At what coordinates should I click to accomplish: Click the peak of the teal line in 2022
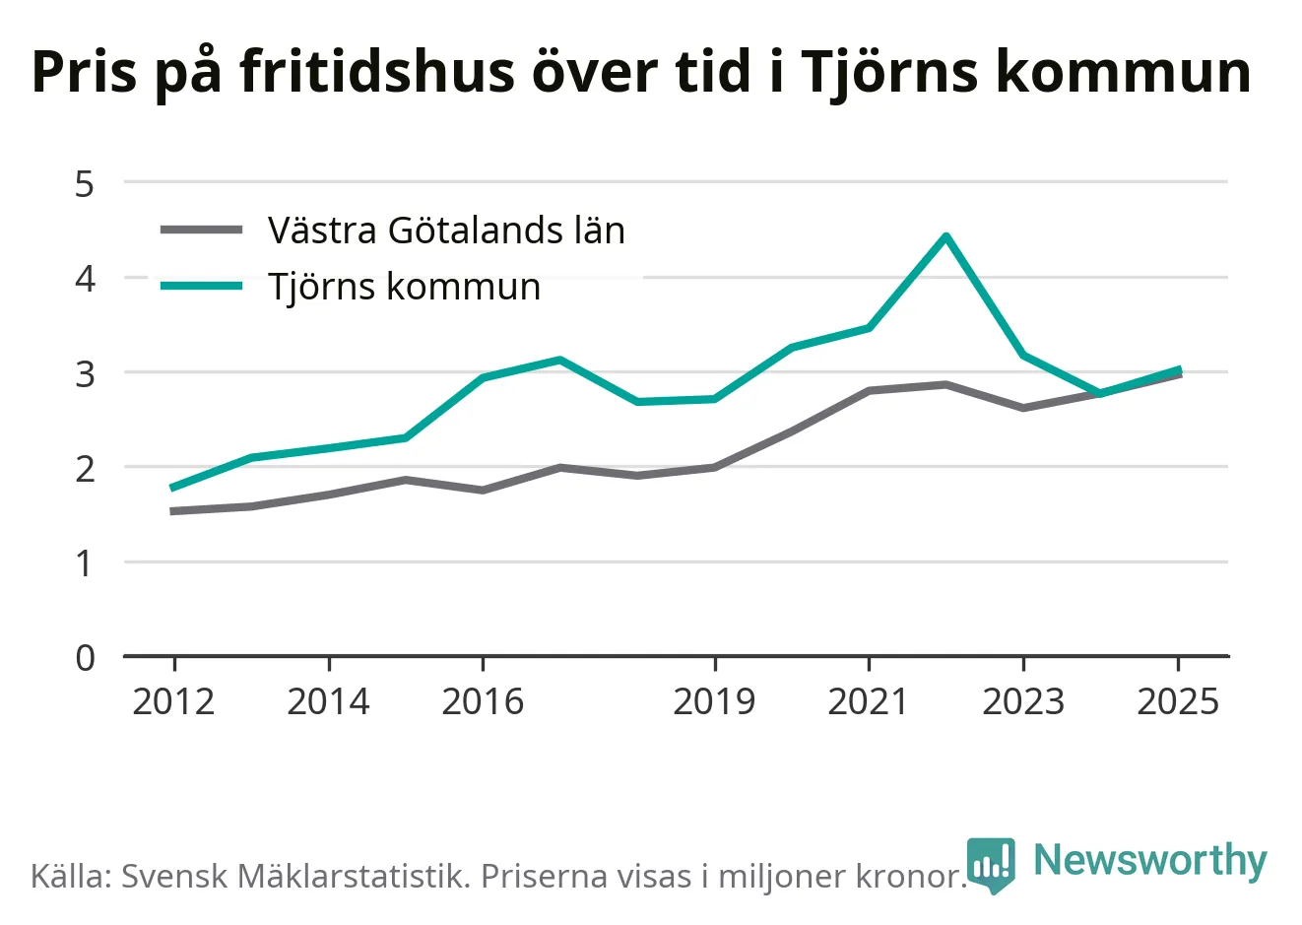click(946, 236)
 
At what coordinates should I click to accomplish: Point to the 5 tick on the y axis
click(85, 184)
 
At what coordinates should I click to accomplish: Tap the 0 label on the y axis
click(85, 659)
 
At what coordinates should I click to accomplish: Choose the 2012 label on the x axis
click(173, 701)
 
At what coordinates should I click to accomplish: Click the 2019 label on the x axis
click(714, 701)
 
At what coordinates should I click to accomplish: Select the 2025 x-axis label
click(1178, 701)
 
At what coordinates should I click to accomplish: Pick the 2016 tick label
click(483, 701)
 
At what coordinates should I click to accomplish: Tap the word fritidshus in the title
click(377, 72)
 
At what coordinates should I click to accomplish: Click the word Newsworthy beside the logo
click(1150, 860)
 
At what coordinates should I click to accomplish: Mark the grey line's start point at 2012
click(173, 511)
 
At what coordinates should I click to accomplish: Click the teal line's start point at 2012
click(173, 488)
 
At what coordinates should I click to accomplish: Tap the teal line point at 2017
click(559, 360)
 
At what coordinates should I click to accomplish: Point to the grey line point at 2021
click(869, 391)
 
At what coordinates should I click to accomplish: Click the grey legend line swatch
click(202, 230)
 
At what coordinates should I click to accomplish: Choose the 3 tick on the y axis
click(85, 375)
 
